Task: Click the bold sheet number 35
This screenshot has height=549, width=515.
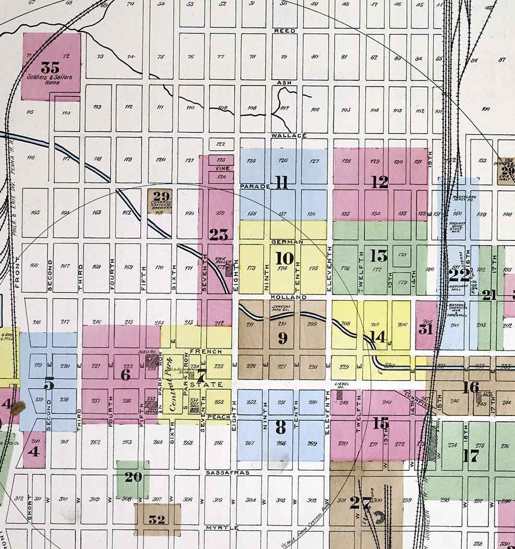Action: point(50,68)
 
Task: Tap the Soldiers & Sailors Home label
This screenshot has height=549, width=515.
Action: point(50,79)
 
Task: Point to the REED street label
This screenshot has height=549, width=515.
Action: point(284,31)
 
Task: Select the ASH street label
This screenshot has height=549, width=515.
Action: point(284,82)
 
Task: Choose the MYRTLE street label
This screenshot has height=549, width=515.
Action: point(222,528)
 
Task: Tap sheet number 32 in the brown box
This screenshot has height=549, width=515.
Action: point(157,519)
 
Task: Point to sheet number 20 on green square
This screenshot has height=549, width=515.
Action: point(133,477)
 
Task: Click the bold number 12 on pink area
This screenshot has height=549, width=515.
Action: point(380,182)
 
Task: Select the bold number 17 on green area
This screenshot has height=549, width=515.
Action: point(471,456)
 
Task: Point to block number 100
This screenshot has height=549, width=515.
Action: point(486,109)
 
